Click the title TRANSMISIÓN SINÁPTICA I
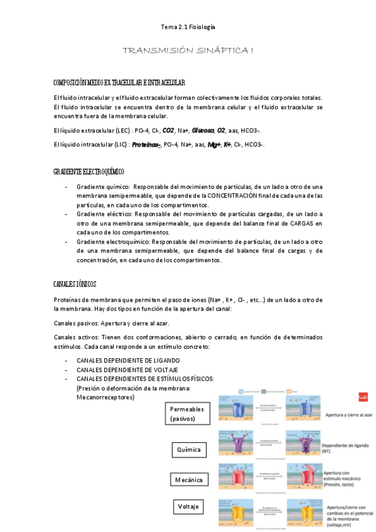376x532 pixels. coord(188,50)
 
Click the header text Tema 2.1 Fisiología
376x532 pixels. coord(188,28)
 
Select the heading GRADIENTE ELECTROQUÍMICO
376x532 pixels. coord(89,171)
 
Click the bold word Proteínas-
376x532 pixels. coord(146,145)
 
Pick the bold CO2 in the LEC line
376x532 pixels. coord(168,130)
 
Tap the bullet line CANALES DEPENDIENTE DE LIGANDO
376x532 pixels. coord(128,361)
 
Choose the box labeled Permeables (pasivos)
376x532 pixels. coord(187,414)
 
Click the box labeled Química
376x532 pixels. coord(189,449)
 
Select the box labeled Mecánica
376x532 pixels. coord(189,480)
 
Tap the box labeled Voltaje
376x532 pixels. coord(189,506)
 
